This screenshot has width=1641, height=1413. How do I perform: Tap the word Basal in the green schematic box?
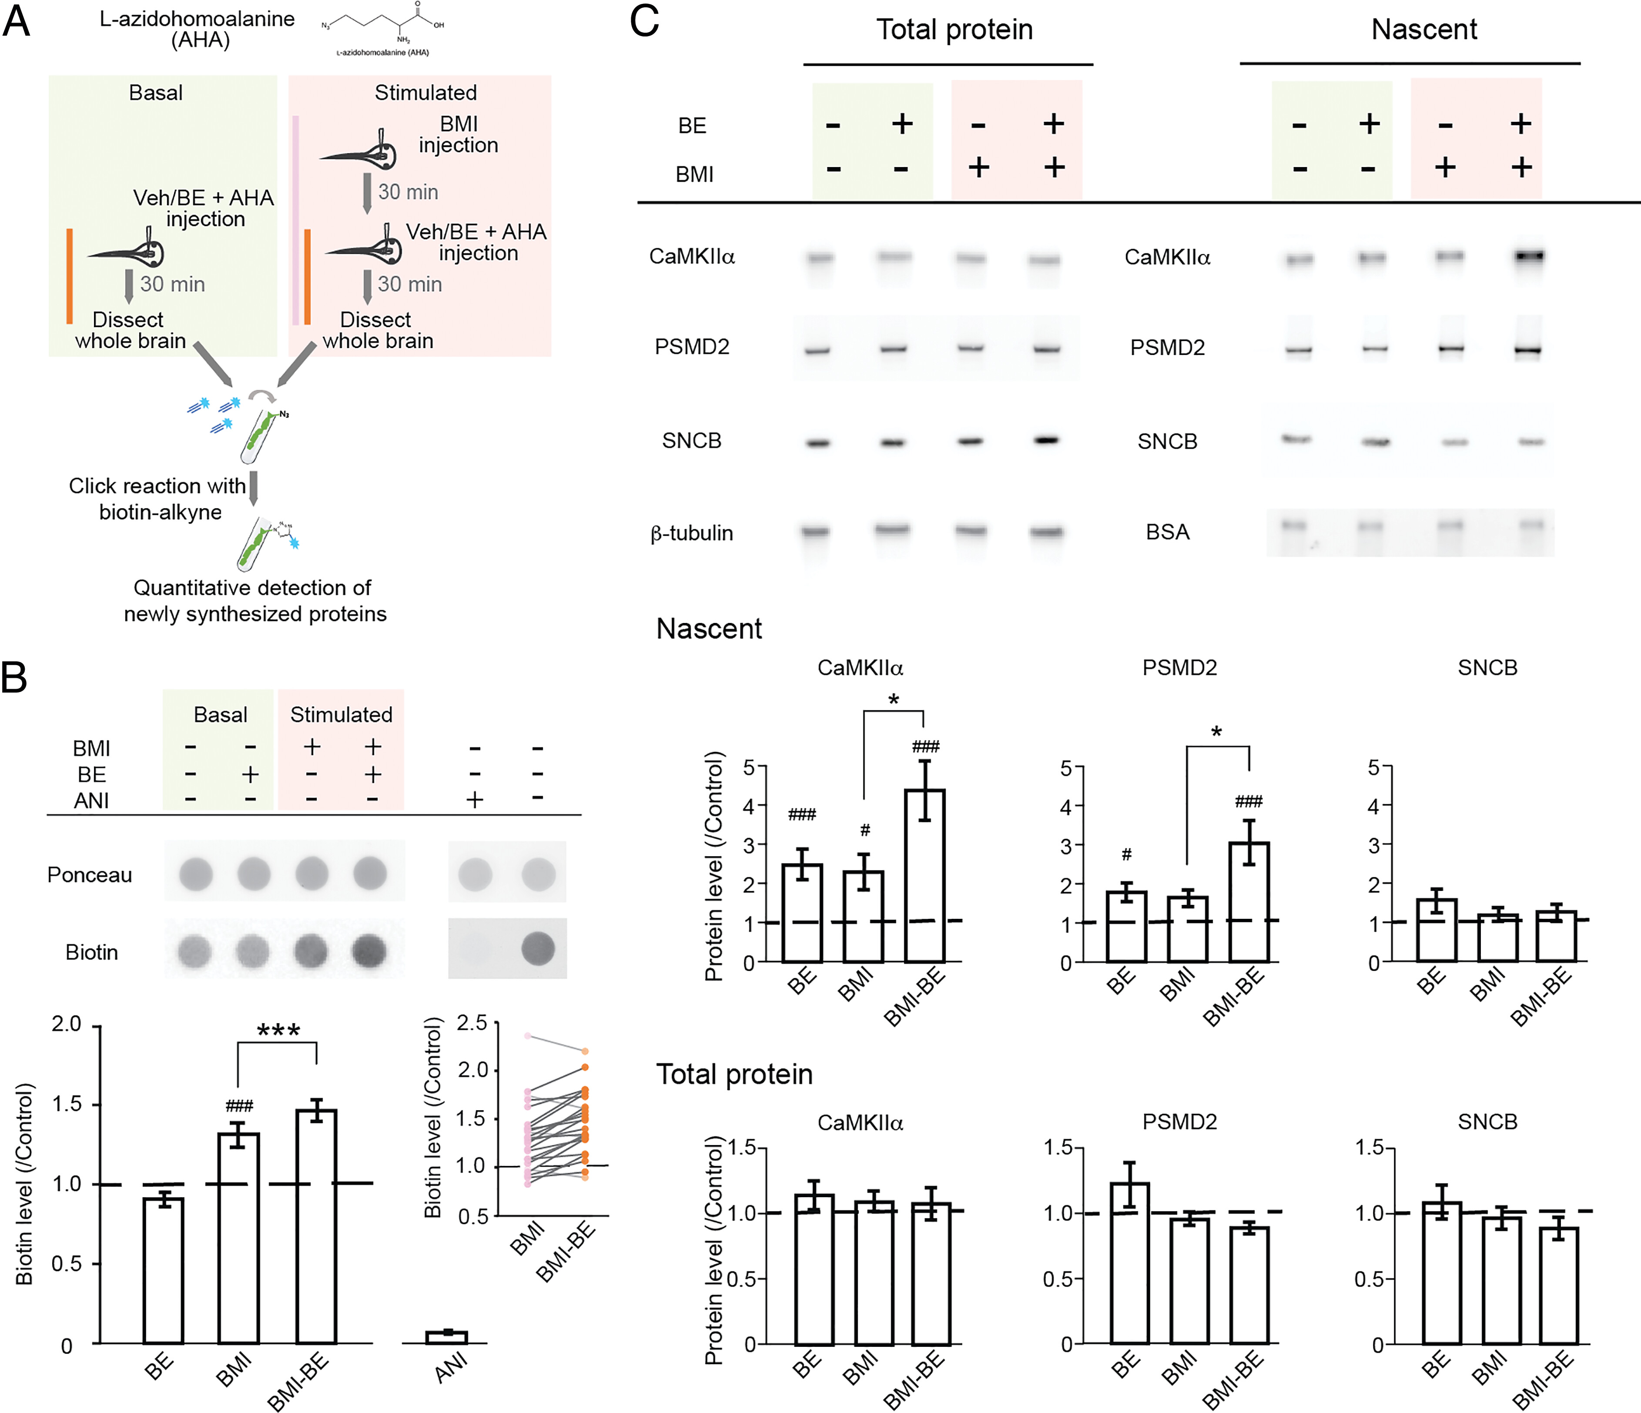(x=156, y=93)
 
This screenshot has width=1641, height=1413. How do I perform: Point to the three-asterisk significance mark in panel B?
(x=279, y=1031)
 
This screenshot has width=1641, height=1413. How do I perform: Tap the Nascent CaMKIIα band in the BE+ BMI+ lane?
(x=1528, y=256)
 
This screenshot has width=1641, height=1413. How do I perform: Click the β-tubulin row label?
(x=691, y=533)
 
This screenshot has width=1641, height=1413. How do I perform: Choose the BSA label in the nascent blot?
(x=1167, y=532)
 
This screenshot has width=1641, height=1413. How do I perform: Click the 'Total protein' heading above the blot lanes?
(x=954, y=29)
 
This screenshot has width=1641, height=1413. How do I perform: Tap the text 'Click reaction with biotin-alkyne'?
(x=158, y=498)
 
